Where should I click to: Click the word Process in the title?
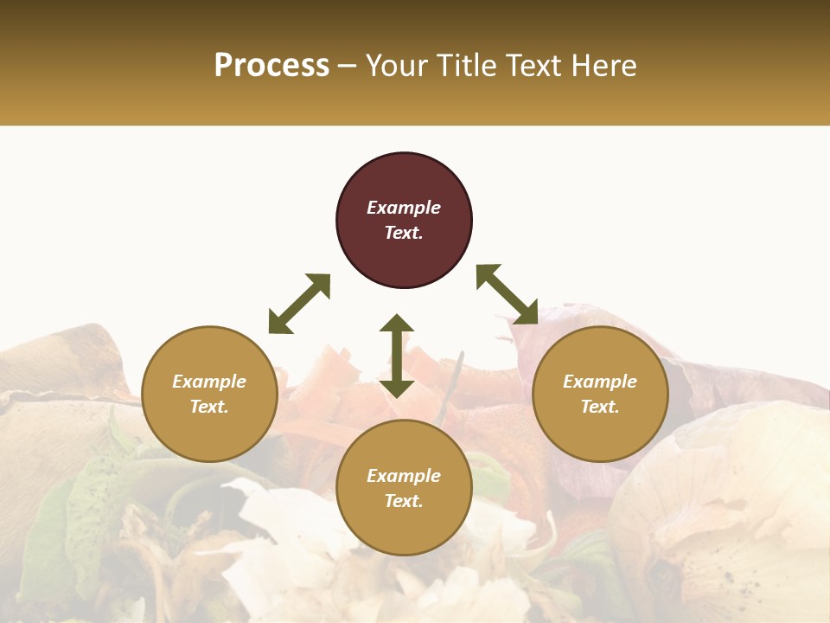pos(271,66)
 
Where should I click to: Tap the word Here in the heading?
pos(603,66)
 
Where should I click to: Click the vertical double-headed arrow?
pos(397,356)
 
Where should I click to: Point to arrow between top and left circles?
pos(299,304)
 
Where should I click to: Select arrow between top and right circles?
pos(507,294)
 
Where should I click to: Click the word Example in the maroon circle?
pos(404,208)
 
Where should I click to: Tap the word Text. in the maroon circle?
pos(404,233)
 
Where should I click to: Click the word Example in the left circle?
pos(209,382)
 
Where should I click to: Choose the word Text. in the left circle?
pos(209,407)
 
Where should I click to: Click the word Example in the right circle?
pos(600,382)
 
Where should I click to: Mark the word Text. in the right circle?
pos(600,407)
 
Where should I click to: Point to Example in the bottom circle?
pos(404,476)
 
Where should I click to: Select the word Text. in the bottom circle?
pos(404,501)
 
